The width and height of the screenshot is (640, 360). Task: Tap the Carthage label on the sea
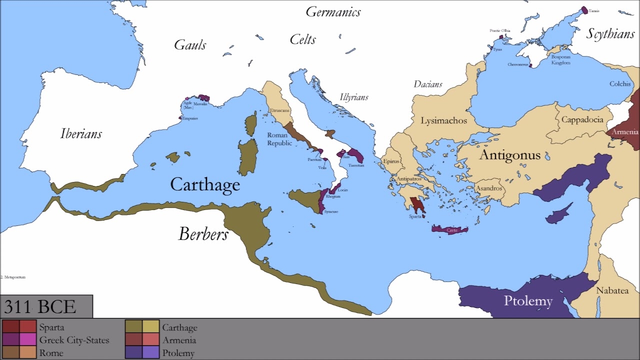point(205,184)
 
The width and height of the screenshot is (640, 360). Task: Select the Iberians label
point(81,133)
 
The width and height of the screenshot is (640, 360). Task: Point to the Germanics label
point(333,12)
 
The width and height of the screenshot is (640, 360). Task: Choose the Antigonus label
point(509,155)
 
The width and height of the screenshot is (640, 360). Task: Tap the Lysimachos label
point(444,120)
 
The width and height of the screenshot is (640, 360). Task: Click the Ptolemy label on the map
point(528,301)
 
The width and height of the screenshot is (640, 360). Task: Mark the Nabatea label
point(612,290)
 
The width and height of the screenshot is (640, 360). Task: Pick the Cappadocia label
point(582,120)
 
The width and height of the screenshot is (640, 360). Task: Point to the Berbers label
point(203,234)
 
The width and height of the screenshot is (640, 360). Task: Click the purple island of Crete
point(450,230)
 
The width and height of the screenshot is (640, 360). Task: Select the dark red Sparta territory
point(415,204)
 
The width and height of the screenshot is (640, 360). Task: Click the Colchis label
point(620,84)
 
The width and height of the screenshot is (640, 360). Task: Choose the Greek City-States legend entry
point(74,340)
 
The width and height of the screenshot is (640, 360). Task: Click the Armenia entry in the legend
point(179,340)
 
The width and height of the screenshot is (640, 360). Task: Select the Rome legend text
point(51,353)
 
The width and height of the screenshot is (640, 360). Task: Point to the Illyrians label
point(354,97)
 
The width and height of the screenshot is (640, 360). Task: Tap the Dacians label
point(427,84)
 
